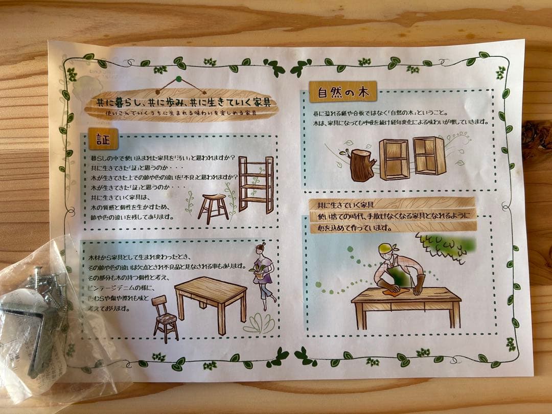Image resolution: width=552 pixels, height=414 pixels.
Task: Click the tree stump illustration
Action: pyautogui.click(x=363, y=164)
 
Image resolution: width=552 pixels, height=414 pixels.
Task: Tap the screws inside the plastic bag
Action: pyautogui.click(x=49, y=286)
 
